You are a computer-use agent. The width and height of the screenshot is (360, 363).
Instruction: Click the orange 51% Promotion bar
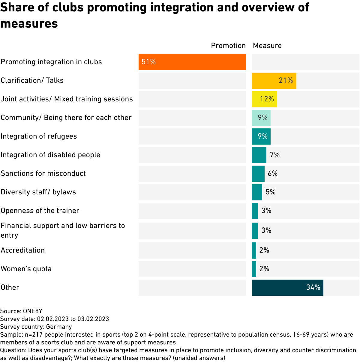tap(192, 62)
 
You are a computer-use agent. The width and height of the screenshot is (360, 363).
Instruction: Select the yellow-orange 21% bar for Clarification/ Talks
tap(274, 81)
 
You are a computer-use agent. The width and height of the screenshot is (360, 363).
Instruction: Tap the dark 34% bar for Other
tap(287, 288)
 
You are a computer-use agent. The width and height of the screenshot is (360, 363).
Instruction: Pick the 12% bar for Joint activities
tap(264, 99)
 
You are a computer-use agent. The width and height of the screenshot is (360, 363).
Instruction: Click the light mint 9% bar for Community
tap(261, 118)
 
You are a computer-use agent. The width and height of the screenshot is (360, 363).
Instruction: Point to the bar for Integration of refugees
tap(261, 136)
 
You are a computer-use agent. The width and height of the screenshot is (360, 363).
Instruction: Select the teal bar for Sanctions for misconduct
tap(258, 174)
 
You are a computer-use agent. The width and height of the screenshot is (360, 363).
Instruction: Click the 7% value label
tap(275, 155)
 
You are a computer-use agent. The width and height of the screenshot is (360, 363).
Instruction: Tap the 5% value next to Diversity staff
tap(271, 192)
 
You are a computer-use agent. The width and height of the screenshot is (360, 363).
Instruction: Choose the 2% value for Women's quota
tap(264, 269)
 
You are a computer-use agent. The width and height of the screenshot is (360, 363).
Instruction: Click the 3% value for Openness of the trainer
tap(266, 211)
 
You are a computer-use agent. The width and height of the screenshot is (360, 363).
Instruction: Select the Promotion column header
tap(228, 46)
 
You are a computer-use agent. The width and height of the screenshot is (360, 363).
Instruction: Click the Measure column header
tap(267, 46)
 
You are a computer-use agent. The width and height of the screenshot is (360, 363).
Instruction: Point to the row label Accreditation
tap(23, 250)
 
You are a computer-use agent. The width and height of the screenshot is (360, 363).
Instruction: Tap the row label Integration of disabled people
tap(50, 155)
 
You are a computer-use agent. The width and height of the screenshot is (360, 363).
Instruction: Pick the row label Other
tap(10, 287)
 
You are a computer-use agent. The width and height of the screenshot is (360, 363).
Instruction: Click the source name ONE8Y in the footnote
tap(33, 311)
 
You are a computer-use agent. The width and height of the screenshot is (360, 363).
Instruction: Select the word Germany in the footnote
tap(59, 327)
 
